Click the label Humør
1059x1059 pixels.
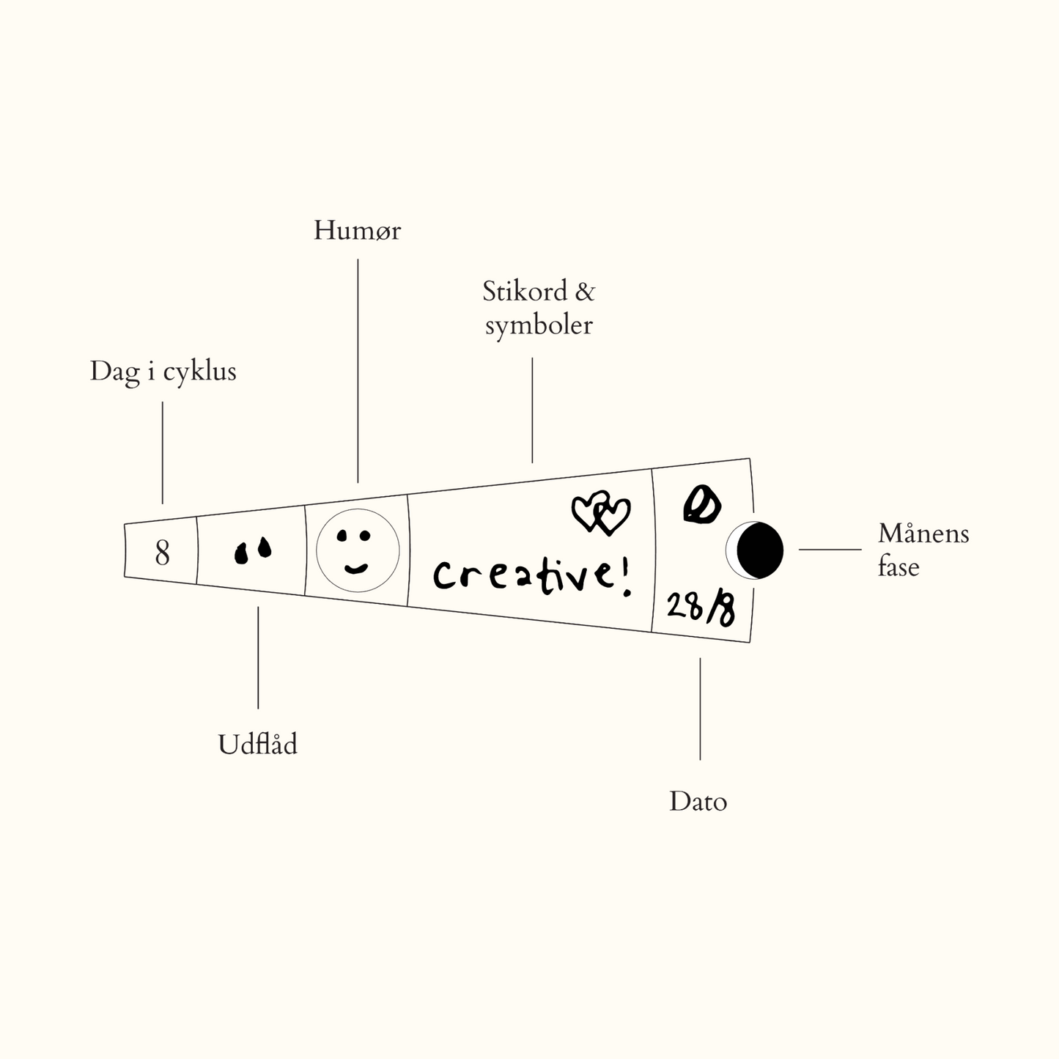(357, 231)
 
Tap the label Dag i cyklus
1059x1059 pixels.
(163, 371)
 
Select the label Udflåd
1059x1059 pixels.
(258, 745)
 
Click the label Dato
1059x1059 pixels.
(698, 801)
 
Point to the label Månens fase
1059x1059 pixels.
(923, 550)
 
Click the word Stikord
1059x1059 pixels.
(525, 292)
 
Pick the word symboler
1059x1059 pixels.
(539, 325)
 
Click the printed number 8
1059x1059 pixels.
(162, 553)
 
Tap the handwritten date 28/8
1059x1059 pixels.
(701, 608)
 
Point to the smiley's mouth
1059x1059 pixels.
(356, 568)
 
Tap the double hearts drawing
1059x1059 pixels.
(600, 512)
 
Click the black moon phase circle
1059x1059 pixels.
(759, 550)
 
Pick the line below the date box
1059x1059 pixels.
(700, 708)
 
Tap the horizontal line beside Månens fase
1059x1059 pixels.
(830, 549)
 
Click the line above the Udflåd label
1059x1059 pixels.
(258, 657)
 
